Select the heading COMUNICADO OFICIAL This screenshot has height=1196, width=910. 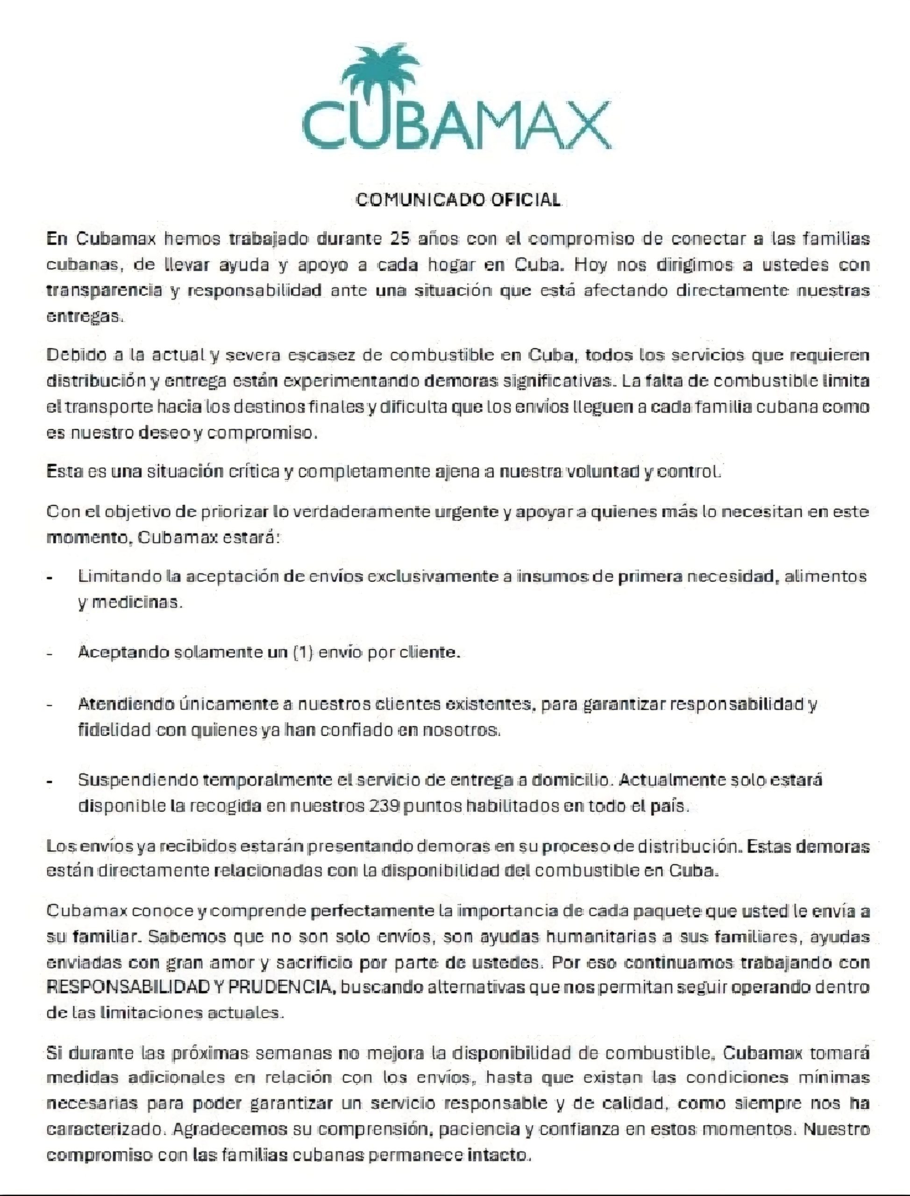point(458,200)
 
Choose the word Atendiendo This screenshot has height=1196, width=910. point(126,704)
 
